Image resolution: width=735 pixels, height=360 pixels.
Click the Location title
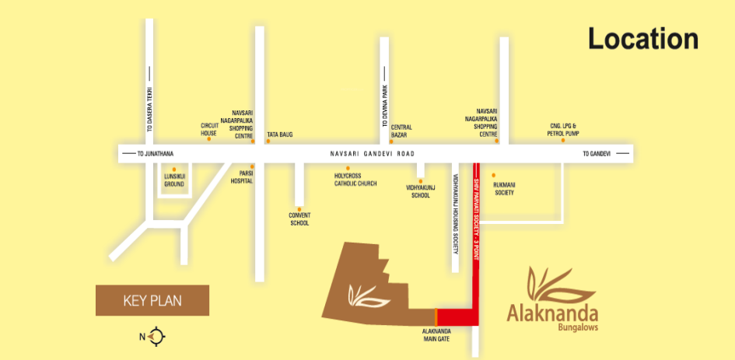coord(642,39)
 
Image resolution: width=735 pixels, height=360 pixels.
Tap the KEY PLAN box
coord(152,300)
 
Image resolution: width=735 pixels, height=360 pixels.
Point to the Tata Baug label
coord(280,135)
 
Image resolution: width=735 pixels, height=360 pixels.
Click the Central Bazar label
coord(401,131)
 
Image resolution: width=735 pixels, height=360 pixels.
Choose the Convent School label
coord(299,218)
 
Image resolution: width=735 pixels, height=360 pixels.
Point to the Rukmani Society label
coord(504,188)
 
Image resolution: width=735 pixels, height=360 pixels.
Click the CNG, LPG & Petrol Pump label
coord(562,131)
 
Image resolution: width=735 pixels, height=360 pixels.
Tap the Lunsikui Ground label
coord(173,181)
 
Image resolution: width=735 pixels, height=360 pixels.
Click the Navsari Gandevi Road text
coord(369,155)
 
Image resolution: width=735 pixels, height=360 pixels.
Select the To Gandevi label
coord(597,155)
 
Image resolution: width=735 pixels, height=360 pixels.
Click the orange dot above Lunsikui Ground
coord(174,169)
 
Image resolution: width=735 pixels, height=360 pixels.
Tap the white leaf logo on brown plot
coord(364,295)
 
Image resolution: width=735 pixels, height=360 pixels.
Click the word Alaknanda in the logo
coord(552,314)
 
